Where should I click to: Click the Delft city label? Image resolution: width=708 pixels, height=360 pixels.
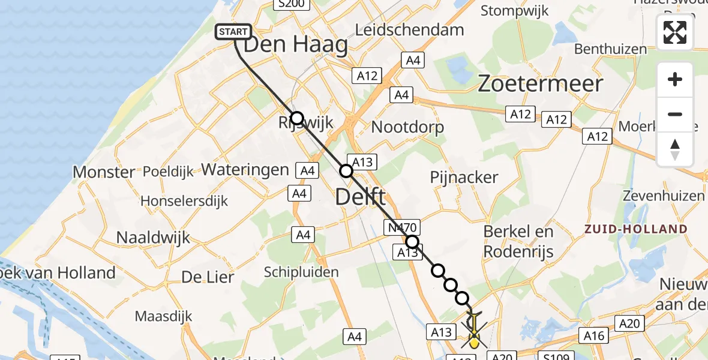click(x=360, y=196)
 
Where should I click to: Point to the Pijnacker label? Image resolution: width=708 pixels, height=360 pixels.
click(x=464, y=177)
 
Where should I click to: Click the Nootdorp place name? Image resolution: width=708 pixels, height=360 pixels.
click(x=407, y=127)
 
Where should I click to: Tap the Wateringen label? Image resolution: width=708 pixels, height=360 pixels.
click(x=245, y=170)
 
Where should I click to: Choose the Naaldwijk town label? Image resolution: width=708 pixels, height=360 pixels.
click(x=153, y=237)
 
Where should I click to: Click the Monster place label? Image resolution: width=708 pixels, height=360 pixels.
click(x=104, y=172)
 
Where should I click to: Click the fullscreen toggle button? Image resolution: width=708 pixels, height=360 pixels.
click(x=675, y=32)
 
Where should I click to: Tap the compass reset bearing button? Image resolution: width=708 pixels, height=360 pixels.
click(x=675, y=149)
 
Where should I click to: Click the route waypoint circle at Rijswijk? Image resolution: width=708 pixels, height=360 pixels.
click(x=296, y=118)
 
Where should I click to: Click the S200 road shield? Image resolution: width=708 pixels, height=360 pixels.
click(x=290, y=4)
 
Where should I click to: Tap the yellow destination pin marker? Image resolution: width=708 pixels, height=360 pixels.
click(x=474, y=342)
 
